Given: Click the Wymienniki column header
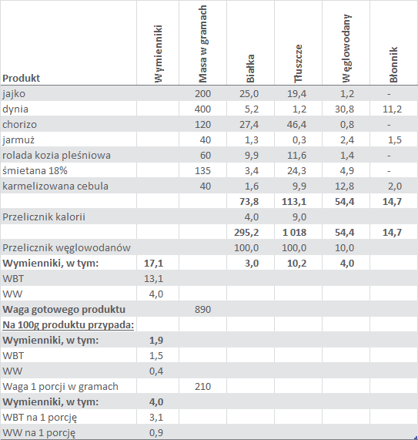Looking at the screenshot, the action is [159, 54].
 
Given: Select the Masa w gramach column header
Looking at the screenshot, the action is [203, 44].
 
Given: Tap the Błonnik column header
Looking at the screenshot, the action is [393, 65].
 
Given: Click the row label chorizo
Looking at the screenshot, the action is [19, 124].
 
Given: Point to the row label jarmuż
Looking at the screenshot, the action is [18, 140].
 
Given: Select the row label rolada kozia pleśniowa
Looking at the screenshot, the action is [56, 155].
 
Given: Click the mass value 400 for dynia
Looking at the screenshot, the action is [202, 109].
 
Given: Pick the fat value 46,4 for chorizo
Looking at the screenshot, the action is [296, 124].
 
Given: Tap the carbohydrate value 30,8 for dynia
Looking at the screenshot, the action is [345, 109].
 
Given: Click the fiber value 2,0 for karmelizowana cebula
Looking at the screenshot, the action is [395, 186].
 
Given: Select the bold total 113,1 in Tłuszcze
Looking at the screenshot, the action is [294, 201].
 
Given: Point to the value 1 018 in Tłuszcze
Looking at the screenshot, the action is [294, 233].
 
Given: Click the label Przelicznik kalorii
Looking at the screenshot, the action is [44, 217].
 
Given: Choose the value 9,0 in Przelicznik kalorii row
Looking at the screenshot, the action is [299, 217].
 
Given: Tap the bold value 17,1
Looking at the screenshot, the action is [154, 264].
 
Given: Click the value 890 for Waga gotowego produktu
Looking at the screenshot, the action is [202, 309].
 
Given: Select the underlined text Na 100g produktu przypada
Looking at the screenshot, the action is [68, 325].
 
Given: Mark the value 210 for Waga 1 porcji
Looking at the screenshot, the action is [202, 386].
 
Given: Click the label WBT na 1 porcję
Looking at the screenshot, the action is [39, 418].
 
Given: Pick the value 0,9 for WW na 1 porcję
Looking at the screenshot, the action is [156, 433].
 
